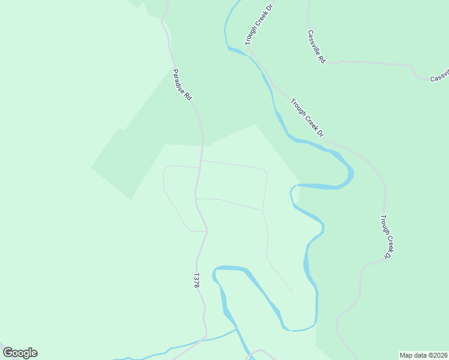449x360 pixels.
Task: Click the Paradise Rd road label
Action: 181,85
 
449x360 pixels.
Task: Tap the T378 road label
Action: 196,281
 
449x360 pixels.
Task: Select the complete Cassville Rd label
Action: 316,47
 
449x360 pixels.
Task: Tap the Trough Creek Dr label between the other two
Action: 307,118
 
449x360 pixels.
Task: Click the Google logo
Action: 20,353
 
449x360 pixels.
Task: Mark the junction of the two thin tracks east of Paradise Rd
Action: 263,211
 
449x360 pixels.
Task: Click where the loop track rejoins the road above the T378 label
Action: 206,231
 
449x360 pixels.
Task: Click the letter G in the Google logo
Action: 8,353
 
